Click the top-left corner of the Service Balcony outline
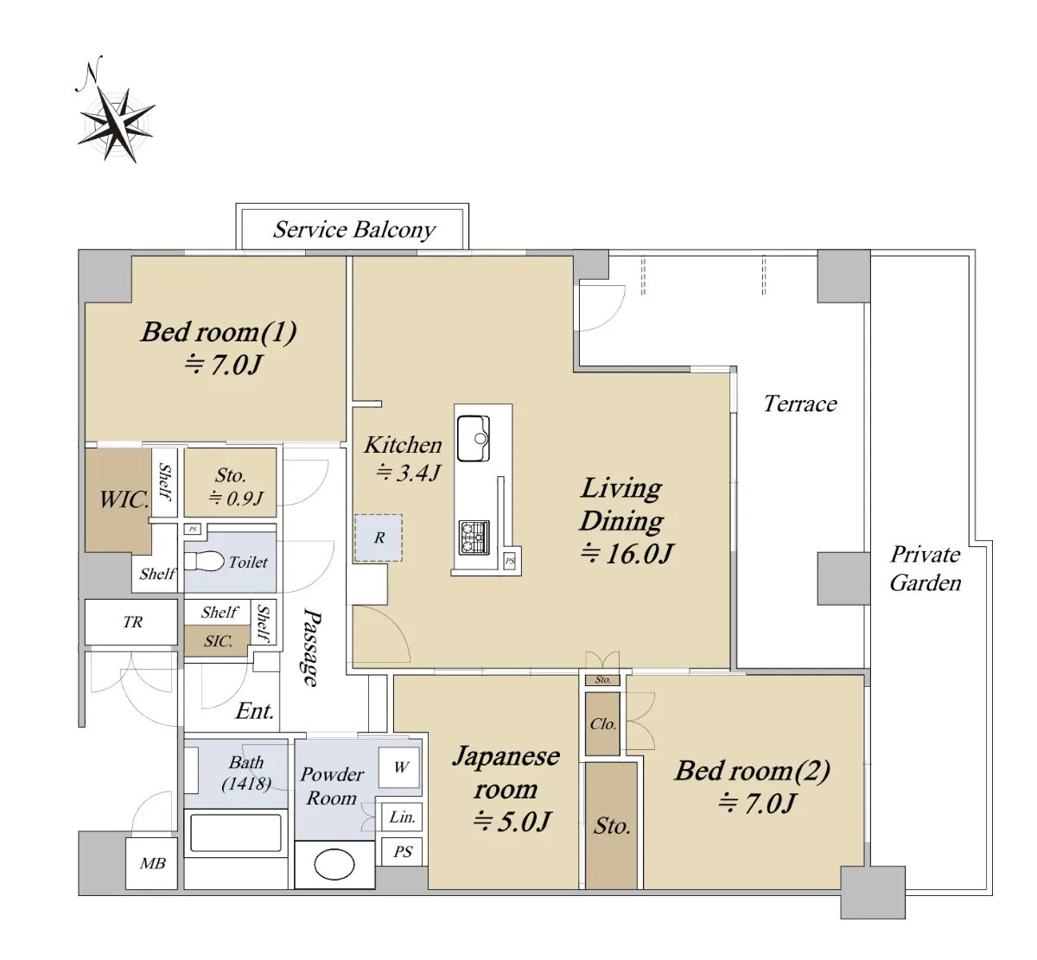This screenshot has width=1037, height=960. (236, 204)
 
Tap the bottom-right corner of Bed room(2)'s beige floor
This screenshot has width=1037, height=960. (863, 888)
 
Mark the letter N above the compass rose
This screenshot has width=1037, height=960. (89, 73)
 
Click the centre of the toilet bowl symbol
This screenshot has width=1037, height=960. (204, 561)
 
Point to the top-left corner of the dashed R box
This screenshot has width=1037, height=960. (355, 515)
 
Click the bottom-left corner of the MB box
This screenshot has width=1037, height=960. (126, 889)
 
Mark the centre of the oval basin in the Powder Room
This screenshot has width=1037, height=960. (334, 864)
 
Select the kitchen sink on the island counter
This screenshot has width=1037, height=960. (474, 438)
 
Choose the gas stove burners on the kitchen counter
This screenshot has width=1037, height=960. (474, 537)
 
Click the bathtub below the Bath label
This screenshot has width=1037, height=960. (236, 833)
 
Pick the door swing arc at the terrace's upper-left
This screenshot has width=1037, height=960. (602, 308)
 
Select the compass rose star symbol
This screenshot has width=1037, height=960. (116, 124)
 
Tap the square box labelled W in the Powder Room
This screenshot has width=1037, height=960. (399, 767)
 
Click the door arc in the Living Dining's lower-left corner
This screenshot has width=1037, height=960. (382, 634)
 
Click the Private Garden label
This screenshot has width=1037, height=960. (926, 569)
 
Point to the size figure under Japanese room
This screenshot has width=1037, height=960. (512, 822)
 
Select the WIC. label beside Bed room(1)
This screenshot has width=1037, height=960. (124, 499)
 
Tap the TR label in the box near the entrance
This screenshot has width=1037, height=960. (132, 621)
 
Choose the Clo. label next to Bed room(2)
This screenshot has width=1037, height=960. (603, 724)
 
